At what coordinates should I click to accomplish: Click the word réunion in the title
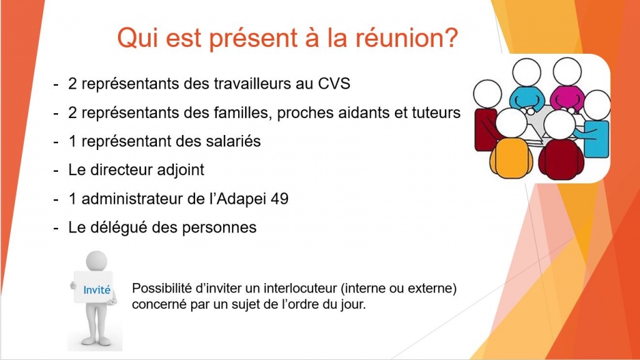point(406,37)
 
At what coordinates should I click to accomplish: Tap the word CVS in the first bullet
point(334,84)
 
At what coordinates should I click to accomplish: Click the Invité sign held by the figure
point(94,287)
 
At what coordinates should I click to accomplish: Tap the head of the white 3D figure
point(97,261)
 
